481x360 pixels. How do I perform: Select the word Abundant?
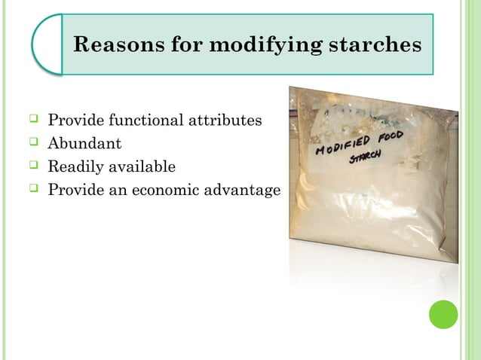click(84, 142)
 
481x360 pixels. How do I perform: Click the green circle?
click(443, 314)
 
